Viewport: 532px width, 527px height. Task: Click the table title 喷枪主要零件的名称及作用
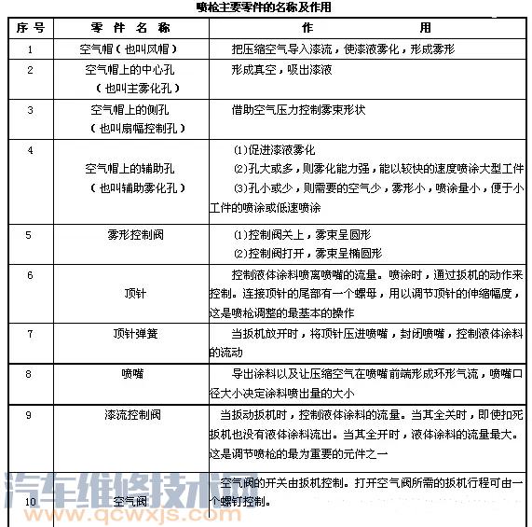[x=265, y=7]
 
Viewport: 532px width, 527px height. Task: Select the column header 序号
[x=29, y=28]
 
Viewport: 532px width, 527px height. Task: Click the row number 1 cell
[x=30, y=48]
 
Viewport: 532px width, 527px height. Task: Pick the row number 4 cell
[x=30, y=149]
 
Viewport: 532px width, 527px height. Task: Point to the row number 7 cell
[x=30, y=332]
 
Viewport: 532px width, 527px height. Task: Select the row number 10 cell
[x=30, y=502]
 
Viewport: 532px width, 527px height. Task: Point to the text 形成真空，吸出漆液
[x=281, y=69]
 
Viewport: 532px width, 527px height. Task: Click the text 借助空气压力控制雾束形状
[x=298, y=109]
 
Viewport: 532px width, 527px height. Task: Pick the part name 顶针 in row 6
[x=131, y=293]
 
